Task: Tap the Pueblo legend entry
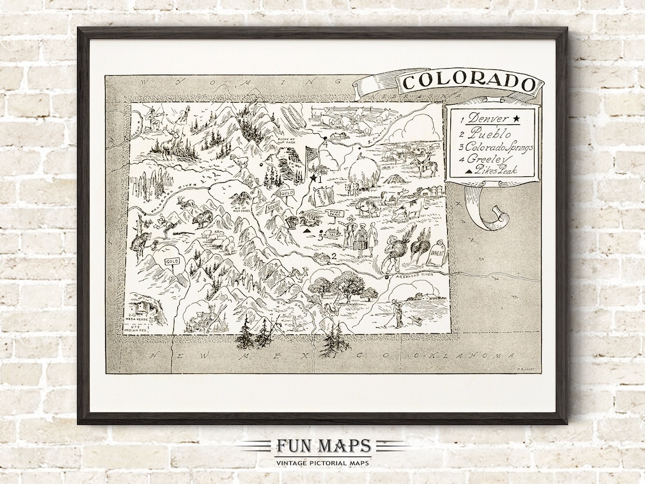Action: [x=486, y=133]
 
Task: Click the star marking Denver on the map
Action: [x=312, y=177]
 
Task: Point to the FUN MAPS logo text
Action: [x=322, y=446]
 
